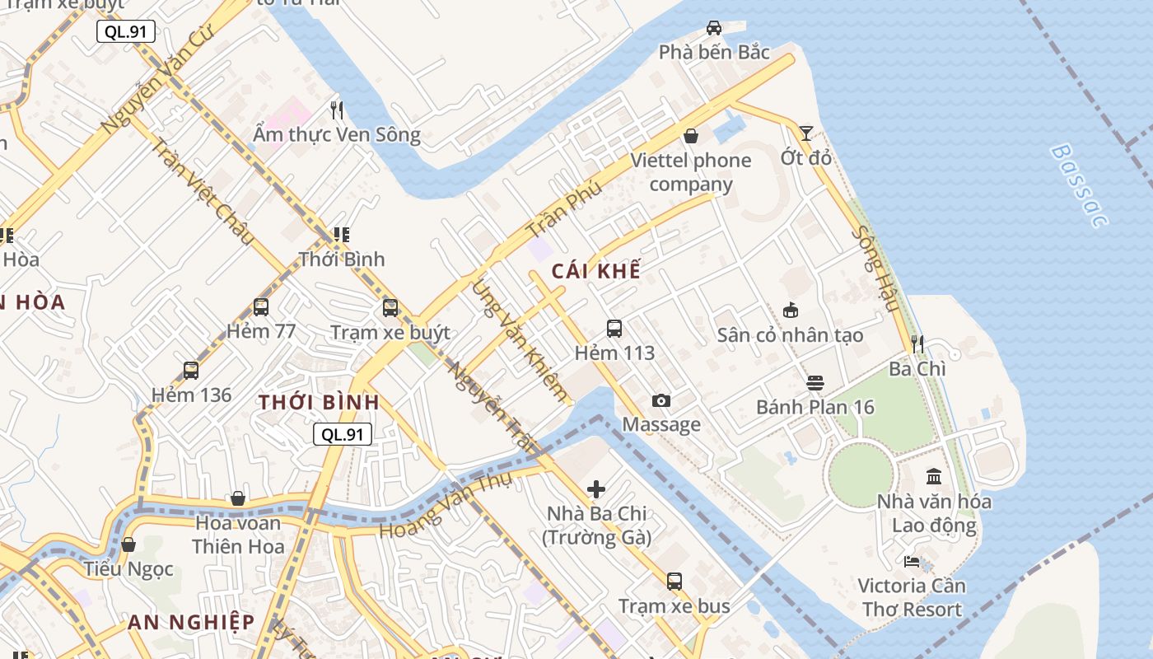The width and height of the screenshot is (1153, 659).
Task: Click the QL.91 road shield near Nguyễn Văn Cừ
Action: click(x=126, y=32)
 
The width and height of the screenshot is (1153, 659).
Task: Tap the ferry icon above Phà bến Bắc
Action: click(x=714, y=27)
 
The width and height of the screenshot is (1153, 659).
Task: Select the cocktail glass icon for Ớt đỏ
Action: click(x=805, y=133)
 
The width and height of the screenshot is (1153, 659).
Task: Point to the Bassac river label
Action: click(x=1079, y=185)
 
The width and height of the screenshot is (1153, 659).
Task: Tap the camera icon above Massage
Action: click(x=661, y=400)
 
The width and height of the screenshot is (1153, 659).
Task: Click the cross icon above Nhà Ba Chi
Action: click(x=596, y=489)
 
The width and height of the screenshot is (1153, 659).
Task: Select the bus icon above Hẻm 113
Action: click(x=614, y=329)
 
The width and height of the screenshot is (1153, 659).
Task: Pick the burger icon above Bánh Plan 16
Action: click(x=815, y=383)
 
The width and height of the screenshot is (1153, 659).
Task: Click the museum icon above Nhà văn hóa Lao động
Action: click(x=934, y=477)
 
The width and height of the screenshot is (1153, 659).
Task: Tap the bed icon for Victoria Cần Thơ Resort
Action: click(x=912, y=562)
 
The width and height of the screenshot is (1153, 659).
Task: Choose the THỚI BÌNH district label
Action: click(x=320, y=403)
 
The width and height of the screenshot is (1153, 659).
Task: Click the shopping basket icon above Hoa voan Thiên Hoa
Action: click(x=238, y=498)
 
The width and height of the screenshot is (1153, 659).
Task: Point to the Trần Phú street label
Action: click(x=564, y=210)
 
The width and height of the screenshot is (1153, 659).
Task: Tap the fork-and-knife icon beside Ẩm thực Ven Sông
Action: click(x=336, y=110)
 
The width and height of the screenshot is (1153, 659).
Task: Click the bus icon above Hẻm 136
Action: click(x=191, y=371)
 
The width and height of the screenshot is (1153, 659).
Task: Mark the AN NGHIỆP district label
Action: click(x=191, y=622)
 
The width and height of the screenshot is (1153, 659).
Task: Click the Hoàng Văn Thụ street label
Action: click(x=446, y=504)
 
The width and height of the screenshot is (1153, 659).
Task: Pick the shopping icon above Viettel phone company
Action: click(x=691, y=135)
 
